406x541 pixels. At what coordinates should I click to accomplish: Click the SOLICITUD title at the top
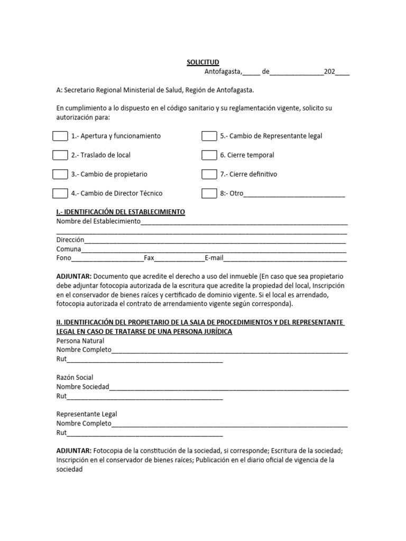(x=202, y=62)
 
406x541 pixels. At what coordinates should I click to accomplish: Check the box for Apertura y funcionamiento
(x=60, y=136)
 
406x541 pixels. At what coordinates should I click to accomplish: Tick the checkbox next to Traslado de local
(x=60, y=155)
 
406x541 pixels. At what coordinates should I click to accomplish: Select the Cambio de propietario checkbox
(x=60, y=174)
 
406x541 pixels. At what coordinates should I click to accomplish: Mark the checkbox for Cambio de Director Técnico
(x=60, y=193)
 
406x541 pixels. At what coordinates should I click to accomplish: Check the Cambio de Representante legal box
(x=209, y=136)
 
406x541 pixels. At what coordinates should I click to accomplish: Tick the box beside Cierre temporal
(x=209, y=155)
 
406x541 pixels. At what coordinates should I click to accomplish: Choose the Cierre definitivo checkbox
(x=209, y=174)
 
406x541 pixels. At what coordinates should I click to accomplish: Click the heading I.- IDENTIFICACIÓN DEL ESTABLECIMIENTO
(x=121, y=212)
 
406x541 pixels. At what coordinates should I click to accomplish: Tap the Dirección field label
(x=70, y=240)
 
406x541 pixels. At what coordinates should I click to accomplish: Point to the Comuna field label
(x=69, y=249)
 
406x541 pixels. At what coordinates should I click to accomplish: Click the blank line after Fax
(x=179, y=258)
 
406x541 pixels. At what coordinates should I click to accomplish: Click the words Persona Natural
(x=80, y=341)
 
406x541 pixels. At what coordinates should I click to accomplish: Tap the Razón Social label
(x=75, y=377)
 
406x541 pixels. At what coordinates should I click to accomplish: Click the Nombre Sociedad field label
(x=82, y=387)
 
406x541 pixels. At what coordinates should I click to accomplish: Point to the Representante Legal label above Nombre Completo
(x=87, y=414)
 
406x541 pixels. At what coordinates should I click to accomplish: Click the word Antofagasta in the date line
(x=223, y=72)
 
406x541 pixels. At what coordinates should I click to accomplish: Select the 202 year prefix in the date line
(x=329, y=72)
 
